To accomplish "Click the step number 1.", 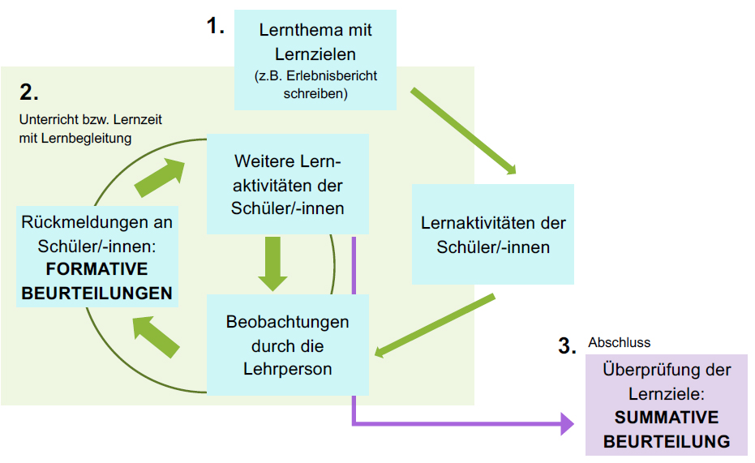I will point(215,26).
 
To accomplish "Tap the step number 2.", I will point(29,92).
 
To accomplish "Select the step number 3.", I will point(568,347).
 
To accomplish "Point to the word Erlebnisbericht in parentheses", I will point(333,75).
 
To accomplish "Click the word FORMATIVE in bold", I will point(97,268).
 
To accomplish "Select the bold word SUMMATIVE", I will point(667,418).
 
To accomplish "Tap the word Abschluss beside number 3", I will point(619,342).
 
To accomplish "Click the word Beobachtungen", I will point(288,322).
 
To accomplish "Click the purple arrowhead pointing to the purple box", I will point(565,423).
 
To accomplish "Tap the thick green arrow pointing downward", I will point(272,264).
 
